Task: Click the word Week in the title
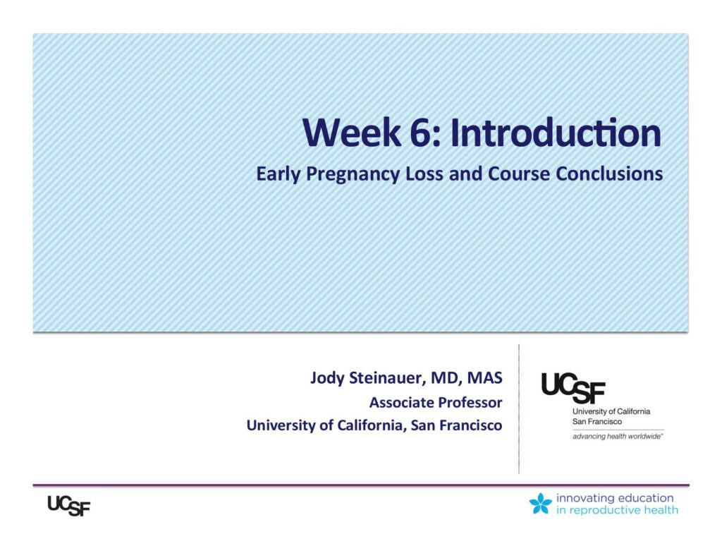(x=352, y=133)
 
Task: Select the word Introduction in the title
(x=556, y=133)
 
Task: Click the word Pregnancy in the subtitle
(x=353, y=175)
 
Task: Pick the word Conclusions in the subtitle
(x=609, y=174)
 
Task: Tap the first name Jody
(x=327, y=378)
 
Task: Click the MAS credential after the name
(x=484, y=377)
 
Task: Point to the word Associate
(x=401, y=402)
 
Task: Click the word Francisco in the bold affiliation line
(x=471, y=425)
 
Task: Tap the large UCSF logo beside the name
(x=573, y=387)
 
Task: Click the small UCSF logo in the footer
(x=69, y=506)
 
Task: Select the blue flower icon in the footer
(x=541, y=503)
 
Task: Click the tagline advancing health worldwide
(x=618, y=437)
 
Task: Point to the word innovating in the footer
(x=585, y=498)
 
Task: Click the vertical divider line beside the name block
(x=519, y=408)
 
